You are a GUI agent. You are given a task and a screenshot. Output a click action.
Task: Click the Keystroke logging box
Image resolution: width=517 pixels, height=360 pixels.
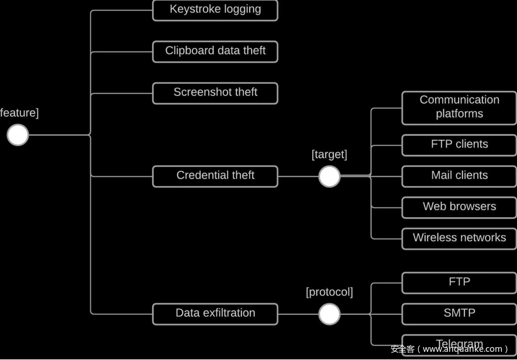pos(215,10)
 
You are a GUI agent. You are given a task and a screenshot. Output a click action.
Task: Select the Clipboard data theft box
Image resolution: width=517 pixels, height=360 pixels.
pos(215,52)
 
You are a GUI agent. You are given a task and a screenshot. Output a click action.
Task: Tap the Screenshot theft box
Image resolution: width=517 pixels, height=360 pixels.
pos(215,93)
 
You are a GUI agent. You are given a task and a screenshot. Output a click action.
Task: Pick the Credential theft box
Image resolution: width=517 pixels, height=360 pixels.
pos(215,176)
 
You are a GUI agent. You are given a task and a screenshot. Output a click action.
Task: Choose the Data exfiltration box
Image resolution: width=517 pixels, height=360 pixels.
pos(215,314)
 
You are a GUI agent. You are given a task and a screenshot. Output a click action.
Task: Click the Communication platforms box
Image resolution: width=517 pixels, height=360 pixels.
pos(459,108)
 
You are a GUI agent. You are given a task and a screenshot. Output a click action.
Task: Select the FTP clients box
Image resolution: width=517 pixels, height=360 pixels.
pos(459,145)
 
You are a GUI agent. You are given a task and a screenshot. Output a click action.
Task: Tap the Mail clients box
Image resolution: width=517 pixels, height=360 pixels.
pos(459,176)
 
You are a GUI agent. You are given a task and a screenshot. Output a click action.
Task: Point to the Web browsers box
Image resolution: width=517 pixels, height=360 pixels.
pos(459,207)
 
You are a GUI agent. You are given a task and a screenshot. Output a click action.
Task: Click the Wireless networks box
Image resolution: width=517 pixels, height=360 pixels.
pos(459,238)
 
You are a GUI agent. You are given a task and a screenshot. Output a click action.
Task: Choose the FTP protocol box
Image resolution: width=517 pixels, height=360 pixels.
pos(459,283)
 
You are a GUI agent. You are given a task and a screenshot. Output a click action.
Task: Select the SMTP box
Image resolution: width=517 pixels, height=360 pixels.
pos(459,314)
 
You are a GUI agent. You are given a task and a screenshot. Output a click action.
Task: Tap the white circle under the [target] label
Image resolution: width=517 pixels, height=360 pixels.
pos(329,176)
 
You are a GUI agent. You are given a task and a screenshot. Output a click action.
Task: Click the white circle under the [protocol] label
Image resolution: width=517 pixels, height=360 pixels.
pos(329,314)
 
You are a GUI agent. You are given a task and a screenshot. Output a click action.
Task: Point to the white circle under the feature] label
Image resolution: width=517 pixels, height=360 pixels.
pos(18,135)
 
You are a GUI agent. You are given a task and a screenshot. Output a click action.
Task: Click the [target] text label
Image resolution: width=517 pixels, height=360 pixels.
pos(329,155)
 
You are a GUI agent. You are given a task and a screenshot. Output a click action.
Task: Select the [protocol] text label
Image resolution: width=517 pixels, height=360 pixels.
pos(329,292)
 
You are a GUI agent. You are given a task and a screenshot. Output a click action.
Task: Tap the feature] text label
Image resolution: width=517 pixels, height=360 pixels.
pos(19,113)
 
